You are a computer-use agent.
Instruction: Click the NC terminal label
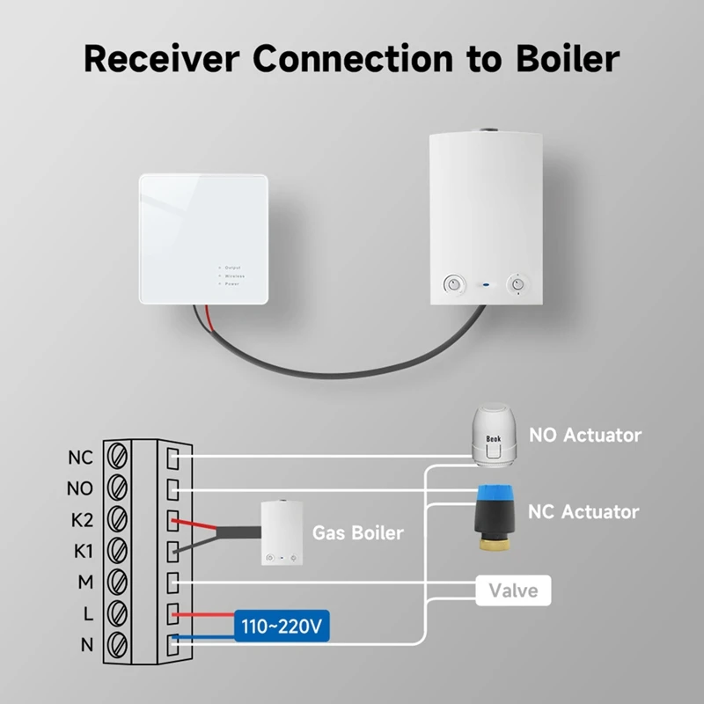[80, 458]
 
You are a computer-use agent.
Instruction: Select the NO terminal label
[80, 488]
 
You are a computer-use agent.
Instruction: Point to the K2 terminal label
[80, 520]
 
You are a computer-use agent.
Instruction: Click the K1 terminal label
[80, 551]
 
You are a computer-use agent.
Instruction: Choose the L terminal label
[86, 613]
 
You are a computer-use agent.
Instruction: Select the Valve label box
[513, 590]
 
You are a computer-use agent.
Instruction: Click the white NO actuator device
[490, 435]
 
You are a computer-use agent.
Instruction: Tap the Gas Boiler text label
[358, 532]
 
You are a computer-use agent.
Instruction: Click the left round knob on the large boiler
[453, 284]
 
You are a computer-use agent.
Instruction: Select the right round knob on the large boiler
[517, 284]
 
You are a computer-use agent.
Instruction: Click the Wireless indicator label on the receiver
[234, 275]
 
